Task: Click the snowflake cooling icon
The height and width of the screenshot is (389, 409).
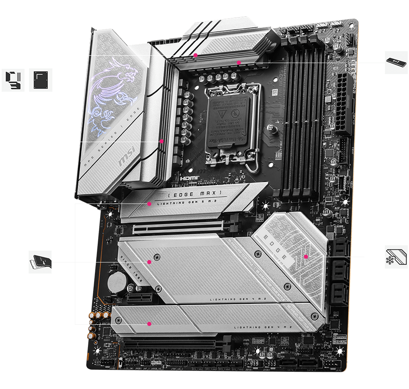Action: (396, 257)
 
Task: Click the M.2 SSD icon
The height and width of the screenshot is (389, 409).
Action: (396, 62)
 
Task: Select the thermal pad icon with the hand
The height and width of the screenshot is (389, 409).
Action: (40, 262)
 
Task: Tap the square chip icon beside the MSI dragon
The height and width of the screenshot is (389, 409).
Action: (40, 80)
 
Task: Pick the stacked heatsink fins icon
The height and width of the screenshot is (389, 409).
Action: (13, 80)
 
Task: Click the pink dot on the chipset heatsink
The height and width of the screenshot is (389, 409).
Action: (306, 257)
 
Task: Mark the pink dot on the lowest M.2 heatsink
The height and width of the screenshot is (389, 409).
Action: (149, 323)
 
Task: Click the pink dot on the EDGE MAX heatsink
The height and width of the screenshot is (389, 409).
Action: (149, 203)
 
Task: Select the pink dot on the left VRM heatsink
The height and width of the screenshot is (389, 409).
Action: (162, 141)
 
